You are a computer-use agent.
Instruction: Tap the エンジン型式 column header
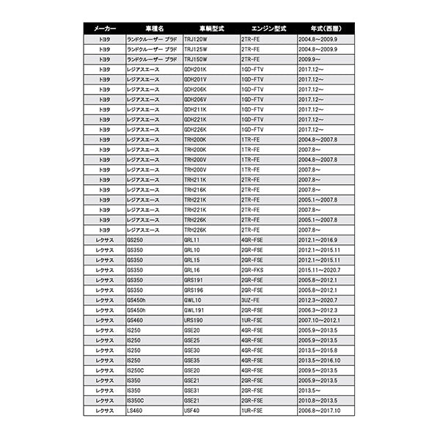266,28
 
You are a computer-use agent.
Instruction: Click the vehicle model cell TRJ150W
196,59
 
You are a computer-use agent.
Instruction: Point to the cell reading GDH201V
196,79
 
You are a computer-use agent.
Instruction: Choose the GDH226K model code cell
196,130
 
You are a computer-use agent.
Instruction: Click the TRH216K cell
196,190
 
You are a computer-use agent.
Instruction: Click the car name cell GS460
136,320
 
